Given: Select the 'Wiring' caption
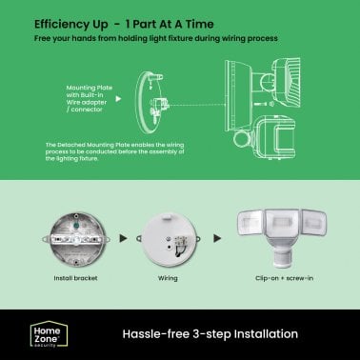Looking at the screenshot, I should point(168,279).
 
